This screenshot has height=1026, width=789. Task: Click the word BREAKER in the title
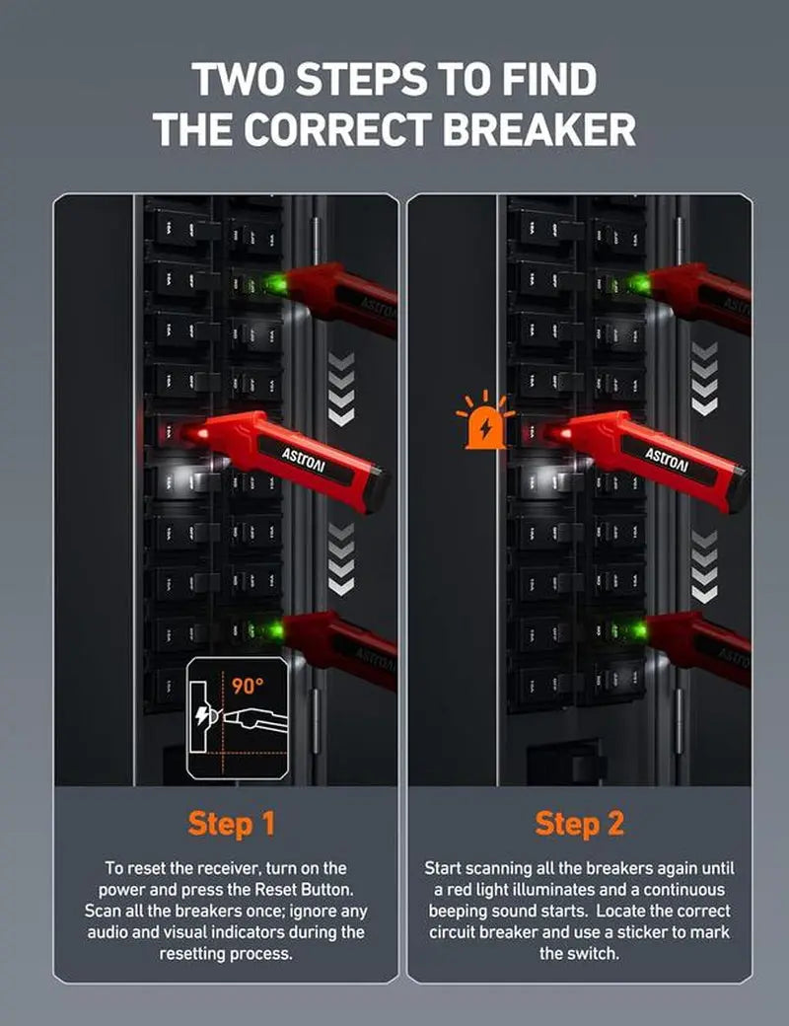point(521,129)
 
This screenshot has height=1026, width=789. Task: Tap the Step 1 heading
point(231,823)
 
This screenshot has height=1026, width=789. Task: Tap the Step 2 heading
point(580,823)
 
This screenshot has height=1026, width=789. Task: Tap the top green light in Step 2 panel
point(638,285)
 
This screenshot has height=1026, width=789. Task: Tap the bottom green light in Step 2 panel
point(638,628)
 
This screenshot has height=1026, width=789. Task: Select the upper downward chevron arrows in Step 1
point(340,390)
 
